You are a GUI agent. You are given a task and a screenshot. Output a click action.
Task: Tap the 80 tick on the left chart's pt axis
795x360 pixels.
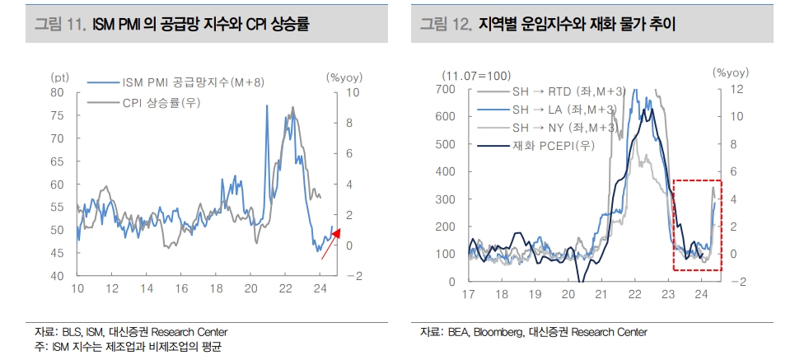[x=57, y=92]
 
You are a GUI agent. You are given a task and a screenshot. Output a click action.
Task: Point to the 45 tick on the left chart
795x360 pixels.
[x=57, y=253]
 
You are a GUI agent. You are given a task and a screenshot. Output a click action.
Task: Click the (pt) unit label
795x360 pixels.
[x=59, y=77]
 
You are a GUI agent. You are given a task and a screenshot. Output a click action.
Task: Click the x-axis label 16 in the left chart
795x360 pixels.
[x=181, y=288]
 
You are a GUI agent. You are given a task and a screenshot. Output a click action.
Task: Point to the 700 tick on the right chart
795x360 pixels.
[x=445, y=88]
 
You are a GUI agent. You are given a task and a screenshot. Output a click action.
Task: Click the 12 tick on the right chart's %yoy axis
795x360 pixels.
[x=737, y=88]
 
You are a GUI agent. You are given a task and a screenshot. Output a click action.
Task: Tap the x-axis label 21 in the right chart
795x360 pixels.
[x=601, y=294]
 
